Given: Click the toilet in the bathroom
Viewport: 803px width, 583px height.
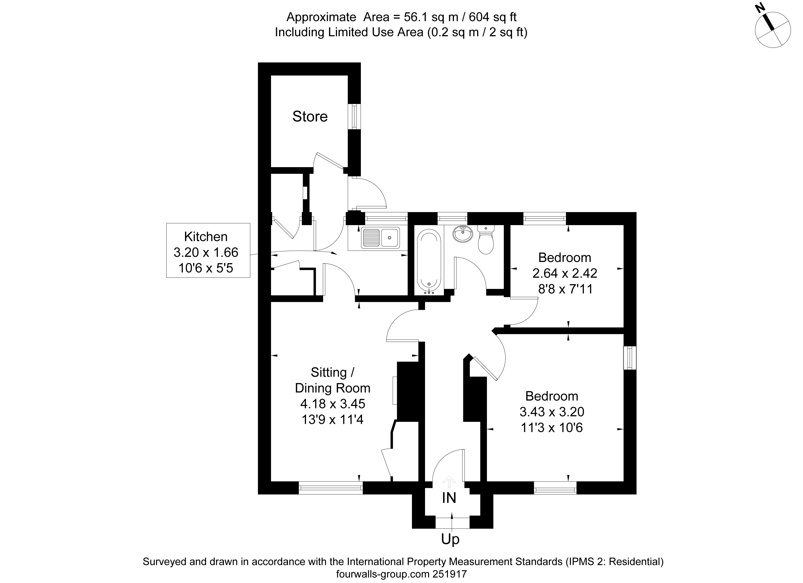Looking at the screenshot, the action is click(x=486, y=240).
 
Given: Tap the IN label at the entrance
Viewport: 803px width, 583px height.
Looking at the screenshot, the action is click(x=449, y=498).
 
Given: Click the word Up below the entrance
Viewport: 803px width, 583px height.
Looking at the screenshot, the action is click(x=450, y=539).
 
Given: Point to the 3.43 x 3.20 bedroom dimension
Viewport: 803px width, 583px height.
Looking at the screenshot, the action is click(x=552, y=412).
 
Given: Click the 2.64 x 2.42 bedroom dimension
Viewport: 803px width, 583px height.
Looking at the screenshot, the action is click(x=565, y=273).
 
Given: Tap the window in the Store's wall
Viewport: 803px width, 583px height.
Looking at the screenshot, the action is click(x=354, y=117).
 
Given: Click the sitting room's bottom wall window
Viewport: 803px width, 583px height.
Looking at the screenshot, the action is click(x=331, y=488).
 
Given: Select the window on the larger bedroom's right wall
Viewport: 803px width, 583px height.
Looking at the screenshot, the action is click(x=630, y=358).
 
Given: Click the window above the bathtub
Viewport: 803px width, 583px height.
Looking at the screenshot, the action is click(x=452, y=218).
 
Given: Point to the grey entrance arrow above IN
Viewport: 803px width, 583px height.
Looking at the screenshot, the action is click(x=449, y=481).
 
